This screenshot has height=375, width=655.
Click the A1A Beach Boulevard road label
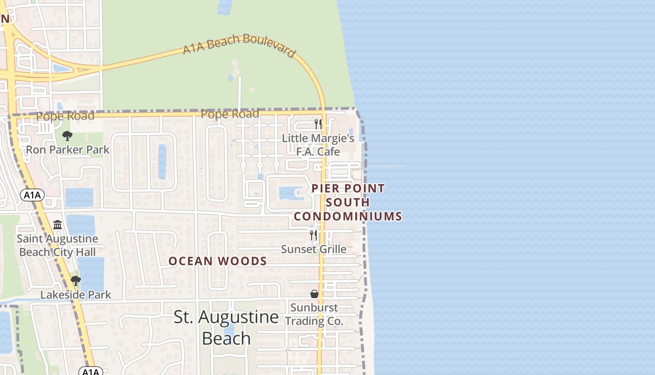click(239, 45)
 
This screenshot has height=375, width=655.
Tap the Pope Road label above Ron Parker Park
click(65, 116)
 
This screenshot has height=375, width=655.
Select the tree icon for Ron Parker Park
click(67, 136)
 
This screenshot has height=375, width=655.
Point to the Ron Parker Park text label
click(67, 150)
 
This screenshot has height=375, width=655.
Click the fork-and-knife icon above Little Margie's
click(318, 124)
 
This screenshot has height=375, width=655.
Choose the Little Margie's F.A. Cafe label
click(318, 145)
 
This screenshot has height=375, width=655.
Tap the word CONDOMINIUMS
click(348, 216)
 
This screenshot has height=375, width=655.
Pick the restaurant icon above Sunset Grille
click(313, 235)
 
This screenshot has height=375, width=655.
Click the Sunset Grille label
click(313, 249)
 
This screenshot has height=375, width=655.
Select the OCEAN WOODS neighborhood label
click(218, 261)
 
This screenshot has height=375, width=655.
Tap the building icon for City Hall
click(58, 225)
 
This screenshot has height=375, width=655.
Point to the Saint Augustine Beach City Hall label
click(57, 245)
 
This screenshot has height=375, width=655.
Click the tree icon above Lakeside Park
click(75, 281)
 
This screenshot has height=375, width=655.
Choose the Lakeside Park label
click(76, 295)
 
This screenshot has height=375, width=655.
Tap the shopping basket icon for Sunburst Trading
click(314, 294)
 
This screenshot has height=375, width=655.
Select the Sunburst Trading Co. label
click(314, 315)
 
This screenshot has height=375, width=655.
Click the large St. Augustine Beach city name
click(226, 327)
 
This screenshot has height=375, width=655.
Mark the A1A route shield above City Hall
click(32, 195)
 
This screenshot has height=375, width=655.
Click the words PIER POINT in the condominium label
click(348, 188)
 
